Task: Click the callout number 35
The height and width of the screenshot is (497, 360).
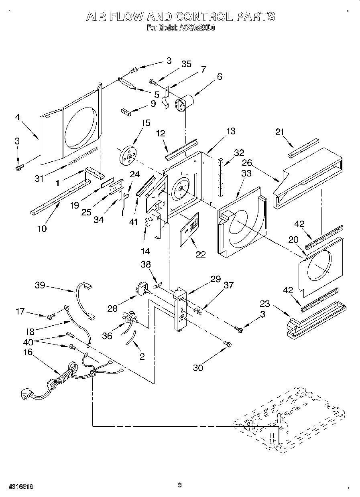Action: click(x=186, y=65)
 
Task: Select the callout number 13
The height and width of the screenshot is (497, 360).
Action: click(x=231, y=131)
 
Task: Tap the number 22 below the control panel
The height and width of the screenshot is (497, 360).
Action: click(x=200, y=254)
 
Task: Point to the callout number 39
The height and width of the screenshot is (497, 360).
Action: click(x=40, y=286)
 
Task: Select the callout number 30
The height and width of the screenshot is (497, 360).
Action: click(x=198, y=367)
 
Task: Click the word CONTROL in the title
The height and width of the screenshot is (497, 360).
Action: click(x=204, y=16)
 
